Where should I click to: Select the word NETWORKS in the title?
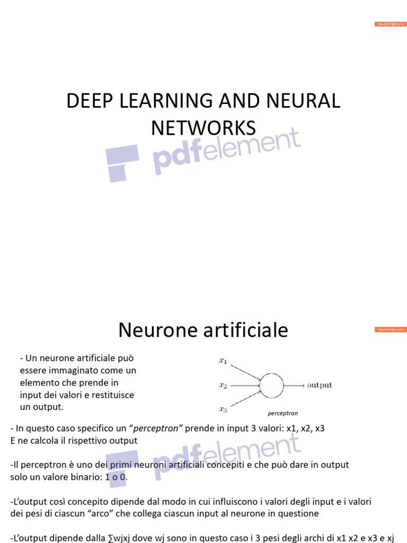click(203, 128)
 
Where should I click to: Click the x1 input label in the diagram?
click(223, 362)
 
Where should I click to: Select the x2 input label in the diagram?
click(223, 386)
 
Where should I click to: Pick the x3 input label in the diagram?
click(223, 409)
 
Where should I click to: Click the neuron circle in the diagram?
click(271, 386)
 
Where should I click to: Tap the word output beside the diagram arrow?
click(320, 386)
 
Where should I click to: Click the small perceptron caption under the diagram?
click(283, 413)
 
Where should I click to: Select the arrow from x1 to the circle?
click(245, 371)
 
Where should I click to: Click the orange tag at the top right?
click(391, 24)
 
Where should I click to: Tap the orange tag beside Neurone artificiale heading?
click(391, 329)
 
